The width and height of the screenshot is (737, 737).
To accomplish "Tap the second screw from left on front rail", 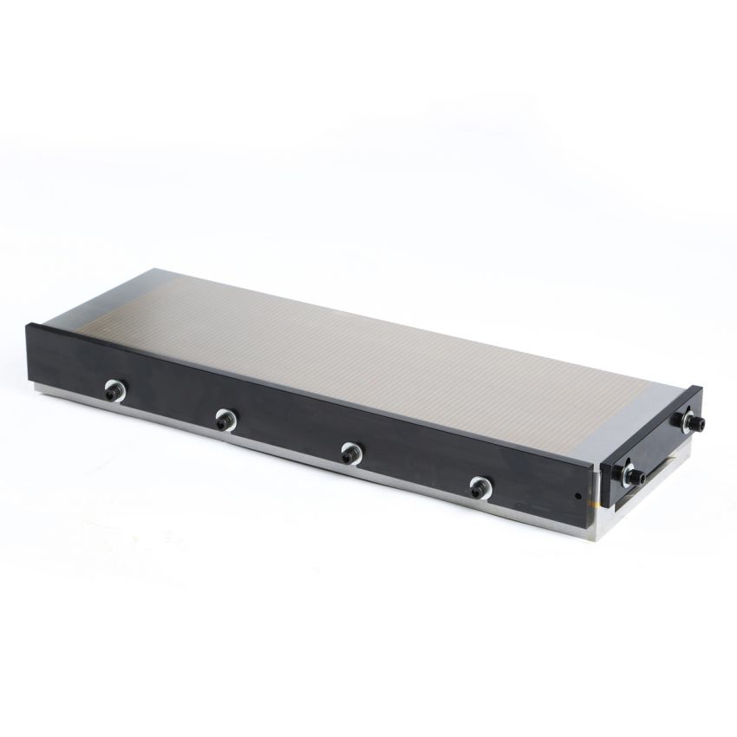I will [224, 420].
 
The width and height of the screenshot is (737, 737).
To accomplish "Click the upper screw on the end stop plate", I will [691, 422].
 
